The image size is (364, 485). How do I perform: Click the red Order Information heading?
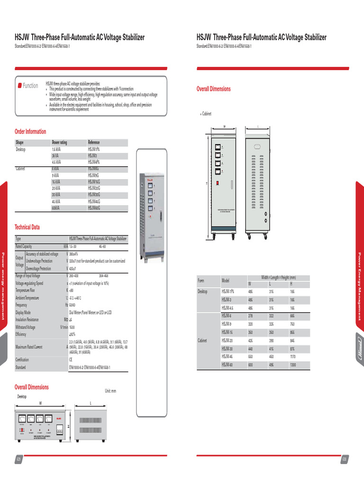(30, 132)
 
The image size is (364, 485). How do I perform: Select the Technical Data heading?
(27, 227)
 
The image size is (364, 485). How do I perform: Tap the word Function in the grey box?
(30, 86)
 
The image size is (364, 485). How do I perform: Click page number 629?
(19, 460)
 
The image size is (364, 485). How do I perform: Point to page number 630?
(344, 460)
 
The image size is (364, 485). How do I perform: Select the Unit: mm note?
(110, 391)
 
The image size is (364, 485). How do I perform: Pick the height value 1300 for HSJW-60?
(294, 365)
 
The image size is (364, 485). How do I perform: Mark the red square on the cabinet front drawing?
(218, 182)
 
